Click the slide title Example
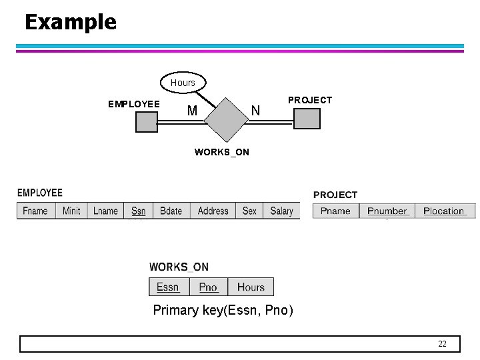click(70, 22)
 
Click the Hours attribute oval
click(183, 83)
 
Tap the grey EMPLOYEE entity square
click(147, 122)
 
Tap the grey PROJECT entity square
click(307, 119)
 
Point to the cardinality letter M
click(192, 111)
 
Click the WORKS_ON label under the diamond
click(221, 152)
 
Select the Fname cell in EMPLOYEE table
click(35, 211)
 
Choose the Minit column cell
click(71, 211)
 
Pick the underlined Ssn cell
click(139, 211)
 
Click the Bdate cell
click(171, 211)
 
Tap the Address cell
click(213, 211)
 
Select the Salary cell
click(281, 211)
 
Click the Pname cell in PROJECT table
click(335, 211)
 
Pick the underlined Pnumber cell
click(387, 211)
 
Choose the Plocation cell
click(444, 211)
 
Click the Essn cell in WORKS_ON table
click(168, 287)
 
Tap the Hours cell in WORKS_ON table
click(251, 287)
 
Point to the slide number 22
click(442, 344)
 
